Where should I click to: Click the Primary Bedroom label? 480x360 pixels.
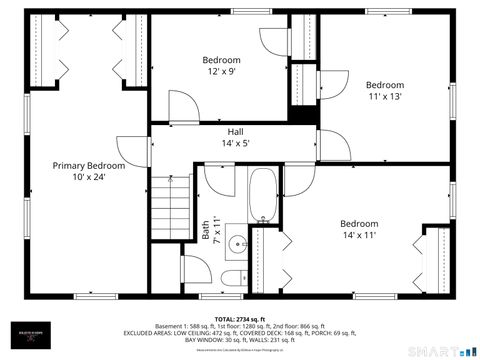click(x=89, y=166)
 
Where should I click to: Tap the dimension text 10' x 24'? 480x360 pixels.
click(x=89, y=178)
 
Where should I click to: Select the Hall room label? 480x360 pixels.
click(x=234, y=131)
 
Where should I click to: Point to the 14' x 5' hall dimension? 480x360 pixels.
click(x=234, y=144)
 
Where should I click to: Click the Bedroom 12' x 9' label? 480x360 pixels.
click(x=222, y=59)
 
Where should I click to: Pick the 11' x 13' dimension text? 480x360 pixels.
click(x=384, y=98)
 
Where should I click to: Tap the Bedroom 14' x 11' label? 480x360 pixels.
click(x=359, y=223)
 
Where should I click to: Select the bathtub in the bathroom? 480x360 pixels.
click(x=264, y=195)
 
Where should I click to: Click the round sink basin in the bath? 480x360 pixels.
click(x=237, y=243)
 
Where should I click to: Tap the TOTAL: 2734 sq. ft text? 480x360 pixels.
click(x=240, y=317)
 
